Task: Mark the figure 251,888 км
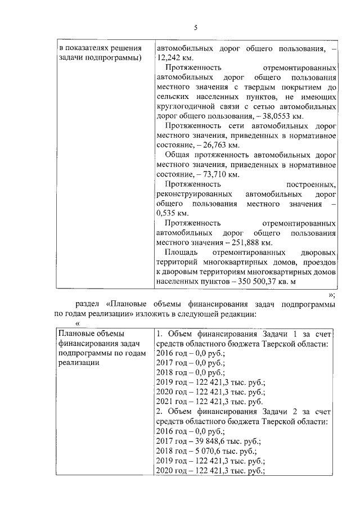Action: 250,242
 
